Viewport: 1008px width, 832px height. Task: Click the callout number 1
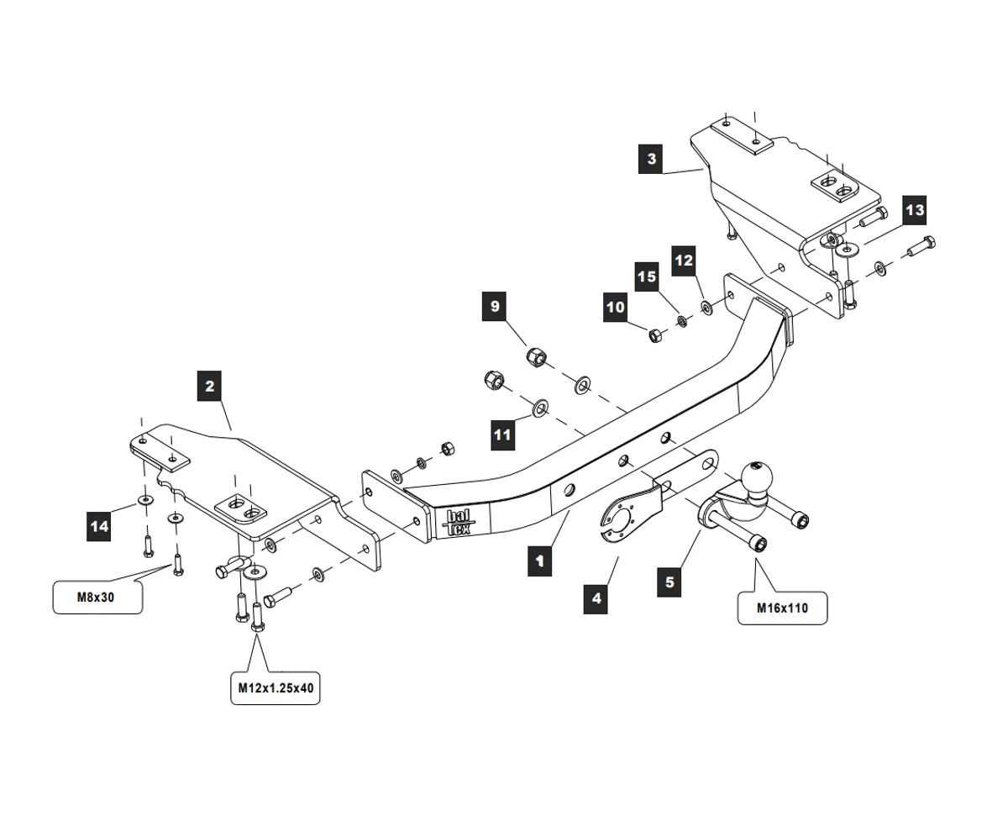point(539,560)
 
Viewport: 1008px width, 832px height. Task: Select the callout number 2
point(209,387)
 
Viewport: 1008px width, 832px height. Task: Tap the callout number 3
point(651,159)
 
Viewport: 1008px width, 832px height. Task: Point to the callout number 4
point(596,598)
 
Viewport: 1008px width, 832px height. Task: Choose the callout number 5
point(669,582)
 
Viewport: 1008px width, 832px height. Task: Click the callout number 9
point(495,307)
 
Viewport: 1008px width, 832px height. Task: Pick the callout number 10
point(616,308)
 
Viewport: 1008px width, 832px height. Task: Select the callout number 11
point(502,434)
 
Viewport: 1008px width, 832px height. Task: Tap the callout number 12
point(684,261)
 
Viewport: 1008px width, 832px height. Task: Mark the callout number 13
point(914,210)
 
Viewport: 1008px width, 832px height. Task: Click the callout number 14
point(99,526)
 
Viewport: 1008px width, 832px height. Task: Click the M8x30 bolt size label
point(97,598)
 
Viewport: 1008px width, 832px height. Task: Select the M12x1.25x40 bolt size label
point(276,688)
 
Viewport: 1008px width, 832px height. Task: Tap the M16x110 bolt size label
point(782,608)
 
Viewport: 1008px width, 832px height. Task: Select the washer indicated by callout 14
point(145,502)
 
